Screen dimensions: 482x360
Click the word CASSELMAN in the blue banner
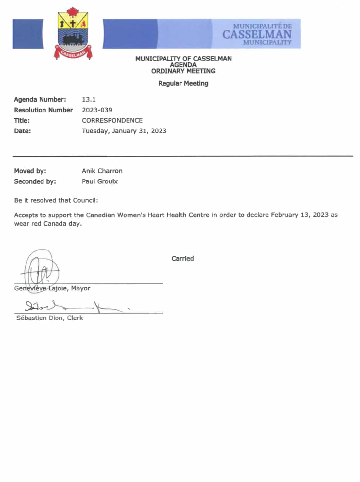click(x=257, y=34)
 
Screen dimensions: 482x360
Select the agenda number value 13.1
click(x=89, y=99)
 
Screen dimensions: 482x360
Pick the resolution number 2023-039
click(x=97, y=110)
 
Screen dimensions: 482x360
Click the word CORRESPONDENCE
click(x=112, y=120)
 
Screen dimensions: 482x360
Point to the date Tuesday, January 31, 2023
click(x=124, y=131)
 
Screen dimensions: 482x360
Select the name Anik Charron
click(x=102, y=171)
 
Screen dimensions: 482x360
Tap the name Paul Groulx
click(x=100, y=181)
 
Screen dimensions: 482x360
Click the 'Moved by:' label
click(x=30, y=171)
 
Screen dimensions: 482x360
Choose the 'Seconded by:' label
click(x=35, y=181)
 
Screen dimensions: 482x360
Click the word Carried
click(x=182, y=258)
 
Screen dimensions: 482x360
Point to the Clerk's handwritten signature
click(x=72, y=307)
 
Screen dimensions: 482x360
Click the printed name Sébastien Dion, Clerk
click(x=50, y=318)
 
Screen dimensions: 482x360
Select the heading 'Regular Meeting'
click(x=183, y=83)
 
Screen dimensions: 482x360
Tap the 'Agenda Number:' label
click(x=40, y=99)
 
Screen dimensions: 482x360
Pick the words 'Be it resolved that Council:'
click(x=56, y=200)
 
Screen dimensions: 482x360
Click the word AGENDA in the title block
click(x=183, y=65)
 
